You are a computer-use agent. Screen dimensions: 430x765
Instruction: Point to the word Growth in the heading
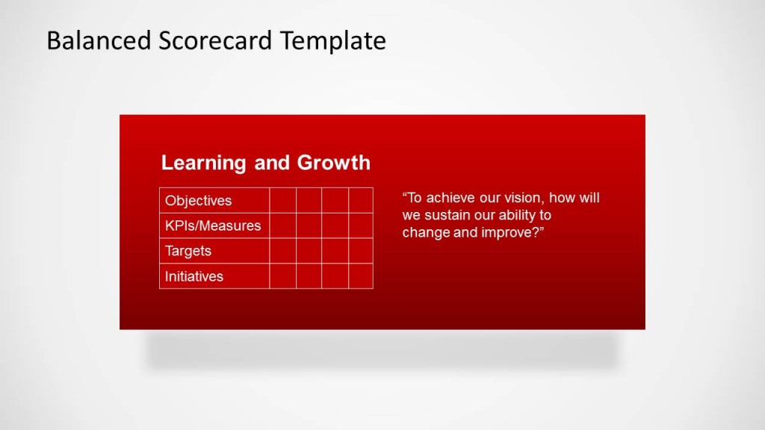[x=333, y=163]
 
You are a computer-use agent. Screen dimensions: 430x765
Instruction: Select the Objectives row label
[x=199, y=200]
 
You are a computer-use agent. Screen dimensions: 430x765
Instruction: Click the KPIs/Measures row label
[x=213, y=225]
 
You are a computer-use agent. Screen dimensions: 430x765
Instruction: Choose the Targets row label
[x=188, y=251]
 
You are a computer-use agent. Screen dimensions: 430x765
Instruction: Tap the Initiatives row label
[x=194, y=276]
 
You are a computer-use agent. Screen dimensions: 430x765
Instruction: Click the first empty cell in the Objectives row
[x=282, y=200]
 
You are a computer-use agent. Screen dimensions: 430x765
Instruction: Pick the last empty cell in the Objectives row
[x=360, y=200]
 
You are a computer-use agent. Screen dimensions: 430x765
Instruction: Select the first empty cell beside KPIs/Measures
[x=282, y=225]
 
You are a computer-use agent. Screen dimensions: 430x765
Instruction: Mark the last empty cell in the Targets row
[x=360, y=251]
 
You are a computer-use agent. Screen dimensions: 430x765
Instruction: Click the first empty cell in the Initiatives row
[x=282, y=276]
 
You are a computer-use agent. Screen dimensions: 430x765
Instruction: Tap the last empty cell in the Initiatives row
[x=360, y=276]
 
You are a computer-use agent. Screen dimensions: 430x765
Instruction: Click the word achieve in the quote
[x=451, y=198]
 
